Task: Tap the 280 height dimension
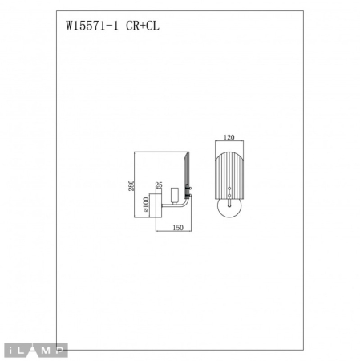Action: (x=130, y=185)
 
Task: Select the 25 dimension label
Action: (x=158, y=184)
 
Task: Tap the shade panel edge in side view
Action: (x=188, y=172)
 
